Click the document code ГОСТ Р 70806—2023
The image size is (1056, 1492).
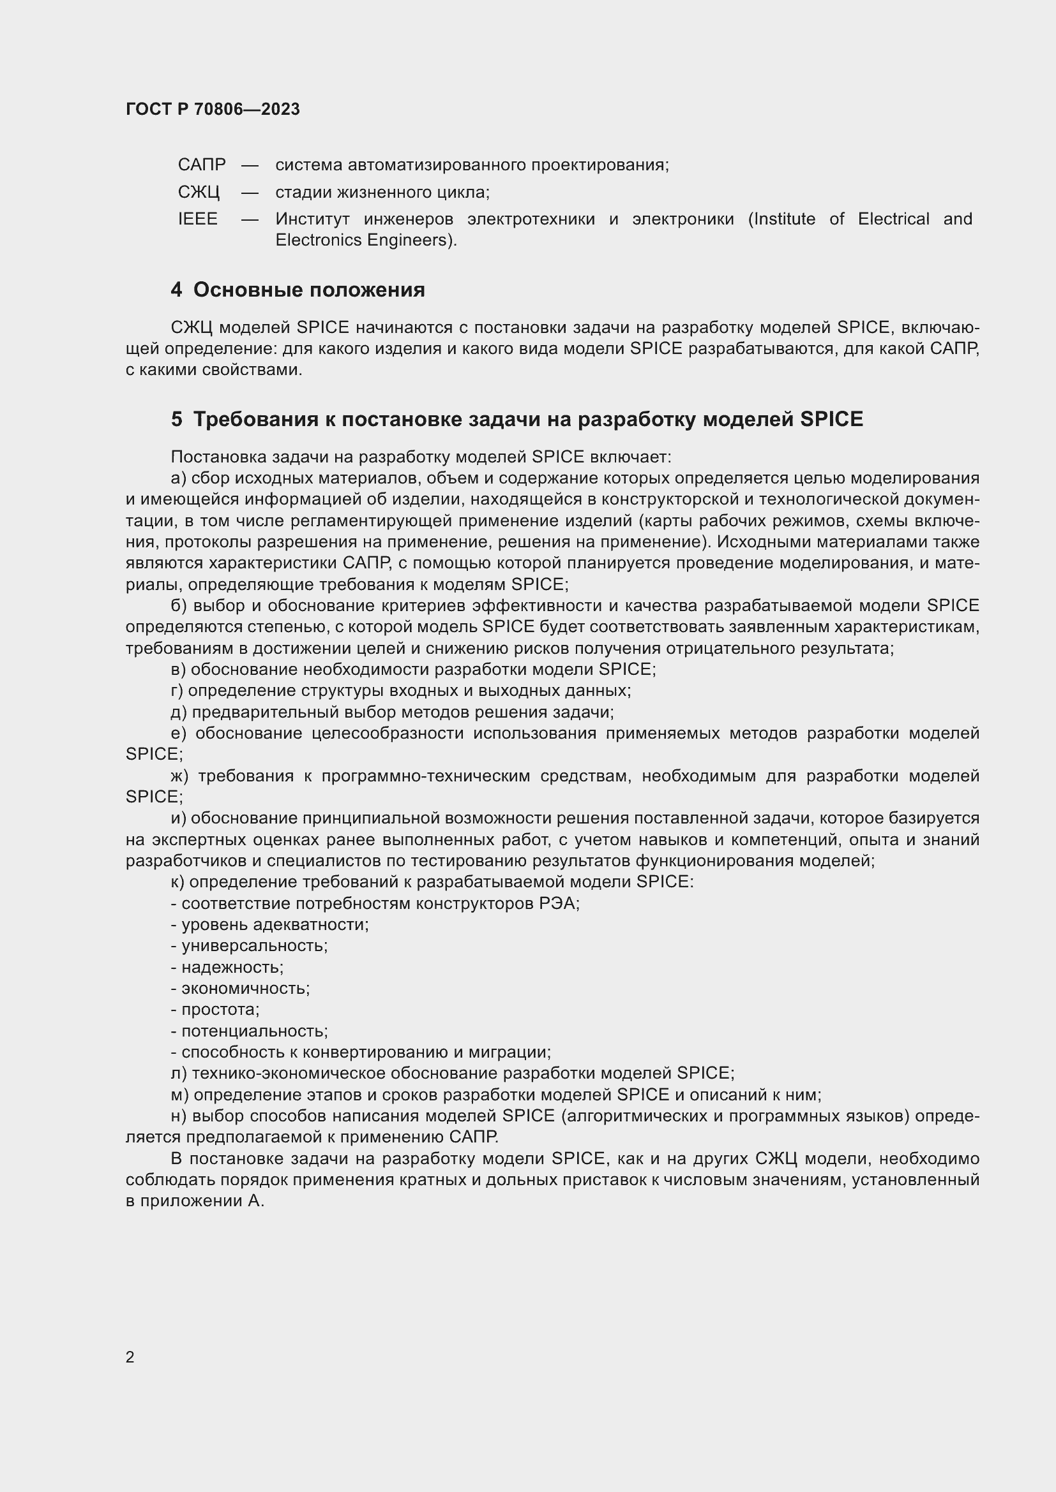tap(213, 109)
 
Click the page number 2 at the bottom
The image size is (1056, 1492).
tap(130, 1357)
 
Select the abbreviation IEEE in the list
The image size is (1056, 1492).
tap(198, 219)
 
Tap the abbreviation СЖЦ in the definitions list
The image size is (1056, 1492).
tap(199, 193)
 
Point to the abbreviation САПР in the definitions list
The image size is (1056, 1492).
tap(202, 165)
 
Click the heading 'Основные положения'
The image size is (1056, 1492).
tap(309, 290)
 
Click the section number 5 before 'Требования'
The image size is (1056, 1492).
tap(176, 420)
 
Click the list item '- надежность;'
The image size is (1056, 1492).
tap(227, 968)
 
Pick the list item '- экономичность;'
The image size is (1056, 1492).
tap(240, 988)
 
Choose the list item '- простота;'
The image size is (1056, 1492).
tap(215, 1010)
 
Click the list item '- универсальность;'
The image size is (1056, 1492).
tap(249, 946)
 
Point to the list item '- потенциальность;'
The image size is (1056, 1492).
tap(249, 1031)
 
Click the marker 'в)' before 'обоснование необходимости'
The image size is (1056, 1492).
tap(178, 669)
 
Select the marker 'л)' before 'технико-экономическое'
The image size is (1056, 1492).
tap(179, 1074)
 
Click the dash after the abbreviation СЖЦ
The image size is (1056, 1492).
tap(250, 193)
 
